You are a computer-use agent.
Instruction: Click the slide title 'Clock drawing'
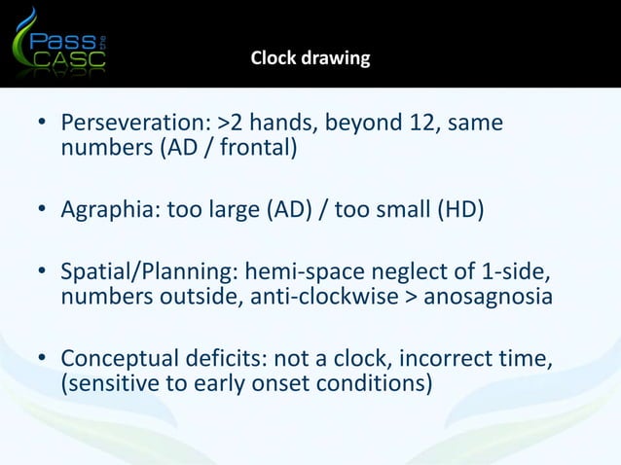(x=310, y=58)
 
